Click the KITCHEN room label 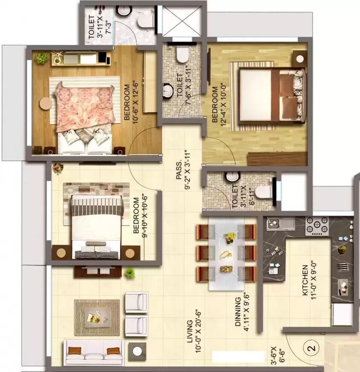pyautogui.click(x=305, y=280)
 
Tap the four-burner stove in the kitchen pyautogui.click(x=317, y=226)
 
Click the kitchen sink pyautogui.click(x=275, y=223)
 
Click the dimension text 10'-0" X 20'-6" pyautogui.click(x=197, y=331)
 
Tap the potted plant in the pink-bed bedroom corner pyautogui.click(x=41, y=59)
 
